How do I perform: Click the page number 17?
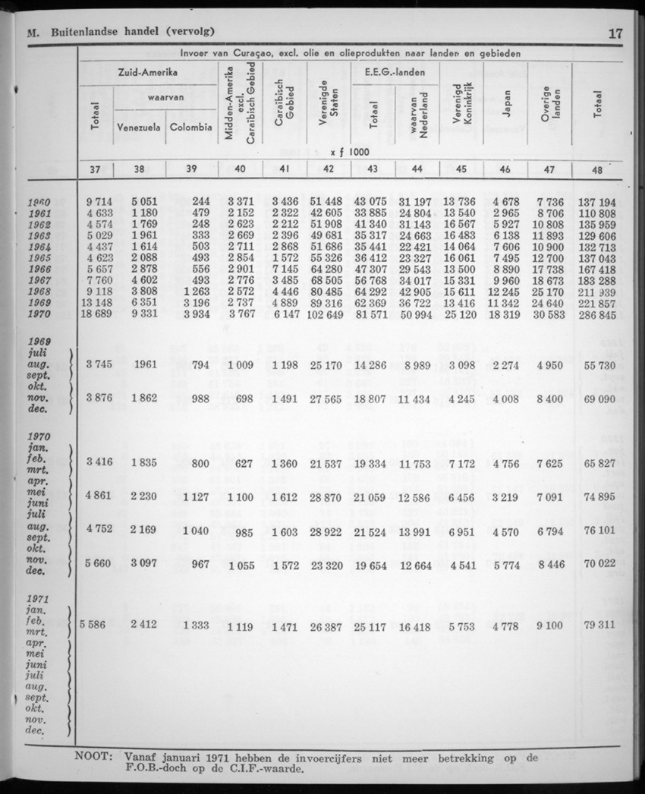(x=615, y=33)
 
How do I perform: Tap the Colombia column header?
(x=191, y=128)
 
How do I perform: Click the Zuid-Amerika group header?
(x=148, y=72)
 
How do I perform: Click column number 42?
(x=329, y=170)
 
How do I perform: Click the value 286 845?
(x=598, y=314)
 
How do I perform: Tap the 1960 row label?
(x=37, y=203)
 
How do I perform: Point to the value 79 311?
(x=598, y=627)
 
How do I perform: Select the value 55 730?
(x=598, y=366)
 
